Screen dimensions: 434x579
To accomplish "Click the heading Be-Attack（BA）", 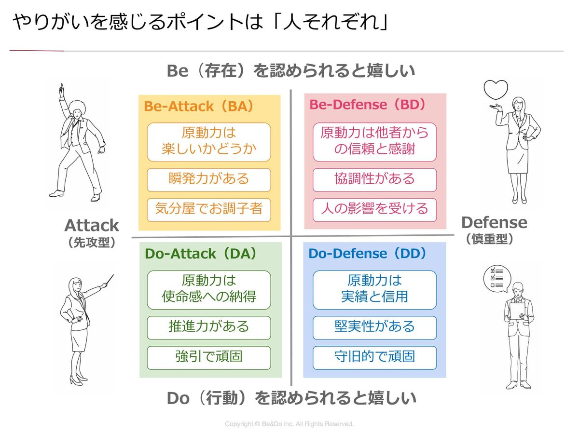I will [199, 107].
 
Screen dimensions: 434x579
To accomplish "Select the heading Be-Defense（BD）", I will [368, 105].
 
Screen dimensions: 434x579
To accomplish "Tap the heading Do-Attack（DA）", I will [201, 254].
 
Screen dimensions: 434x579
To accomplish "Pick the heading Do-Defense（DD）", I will [368, 254].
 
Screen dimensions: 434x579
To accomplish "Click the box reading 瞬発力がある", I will [209, 179].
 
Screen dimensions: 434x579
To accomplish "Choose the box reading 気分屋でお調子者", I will [209, 209].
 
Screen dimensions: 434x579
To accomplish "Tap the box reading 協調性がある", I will [374, 179].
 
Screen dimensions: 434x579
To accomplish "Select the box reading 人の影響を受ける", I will [374, 209].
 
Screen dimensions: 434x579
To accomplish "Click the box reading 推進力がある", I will [209, 327].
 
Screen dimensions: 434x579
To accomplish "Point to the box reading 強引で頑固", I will [209, 357].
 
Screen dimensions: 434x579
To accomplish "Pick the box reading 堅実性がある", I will [374, 327].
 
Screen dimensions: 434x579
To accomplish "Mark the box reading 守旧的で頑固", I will [374, 357].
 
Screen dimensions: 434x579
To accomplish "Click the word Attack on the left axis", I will [92, 226].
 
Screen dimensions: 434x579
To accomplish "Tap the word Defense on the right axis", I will [494, 223].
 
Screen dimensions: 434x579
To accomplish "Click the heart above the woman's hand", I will [496, 90].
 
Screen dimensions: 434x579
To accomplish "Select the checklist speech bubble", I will [496, 279].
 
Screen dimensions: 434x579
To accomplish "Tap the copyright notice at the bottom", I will [289, 424].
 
